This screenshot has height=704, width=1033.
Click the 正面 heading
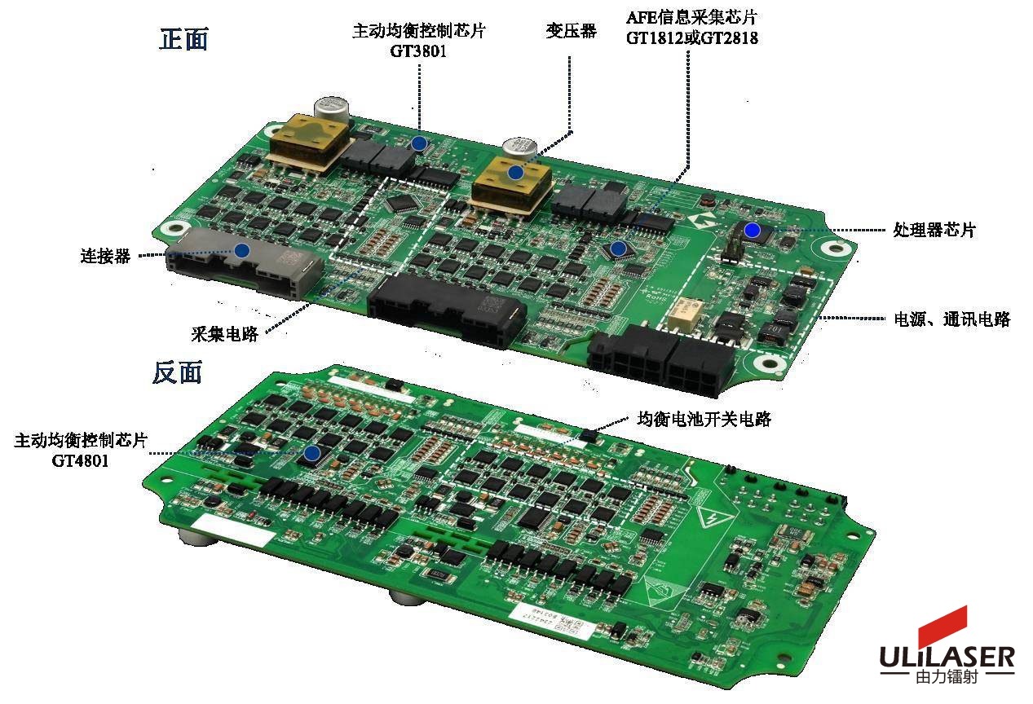coord(183,38)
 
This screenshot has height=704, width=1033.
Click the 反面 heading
coord(178,372)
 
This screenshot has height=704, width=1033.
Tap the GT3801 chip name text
coord(418,51)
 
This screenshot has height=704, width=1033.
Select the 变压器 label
coord(571,31)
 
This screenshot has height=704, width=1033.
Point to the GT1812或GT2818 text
coord(691,38)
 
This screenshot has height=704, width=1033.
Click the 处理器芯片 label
coord(934,230)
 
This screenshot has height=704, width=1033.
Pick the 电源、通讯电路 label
coord(951,319)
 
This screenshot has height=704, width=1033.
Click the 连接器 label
coord(106,256)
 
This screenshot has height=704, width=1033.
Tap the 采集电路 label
coord(224,334)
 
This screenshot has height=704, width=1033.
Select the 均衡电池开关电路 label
coord(704,419)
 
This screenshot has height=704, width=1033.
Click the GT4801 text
coord(80,460)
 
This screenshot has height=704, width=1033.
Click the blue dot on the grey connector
coord(242,251)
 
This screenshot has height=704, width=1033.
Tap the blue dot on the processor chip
coord(753,230)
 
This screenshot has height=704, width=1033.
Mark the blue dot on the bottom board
coord(312,453)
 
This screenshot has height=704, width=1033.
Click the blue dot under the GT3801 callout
coord(419,143)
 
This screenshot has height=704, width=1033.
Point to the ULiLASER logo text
coord(947,658)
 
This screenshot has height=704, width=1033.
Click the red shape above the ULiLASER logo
coord(943,626)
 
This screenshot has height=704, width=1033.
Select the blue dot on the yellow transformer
coord(515,174)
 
